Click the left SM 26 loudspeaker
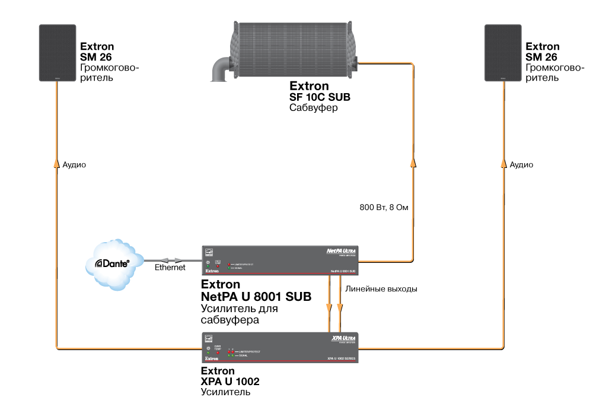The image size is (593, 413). click(x=58, y=53)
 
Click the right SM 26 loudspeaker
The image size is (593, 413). click(x=503, y=53)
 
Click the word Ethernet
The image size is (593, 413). click(x=170, y=268)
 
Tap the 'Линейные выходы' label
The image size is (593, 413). click(x=381, y=289)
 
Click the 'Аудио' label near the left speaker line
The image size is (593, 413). click(x=74, y=164)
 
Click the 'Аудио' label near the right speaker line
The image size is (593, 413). click(x=521, y=164)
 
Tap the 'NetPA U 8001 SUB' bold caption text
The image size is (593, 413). click(x=256, y=296)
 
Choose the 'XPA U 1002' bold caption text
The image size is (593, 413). click(x=231, y=382)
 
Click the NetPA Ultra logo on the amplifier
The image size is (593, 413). click(x=343, y=251)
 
